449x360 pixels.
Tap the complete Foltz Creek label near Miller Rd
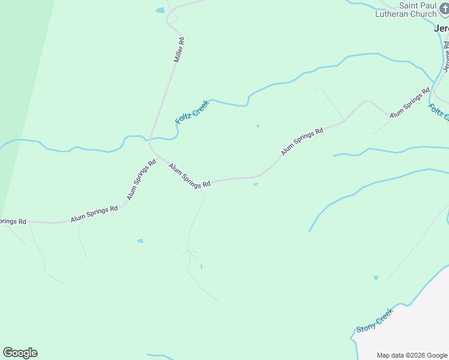tap(191, 112)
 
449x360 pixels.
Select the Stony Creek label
tap(375, 320)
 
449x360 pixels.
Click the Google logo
tap(20, 352)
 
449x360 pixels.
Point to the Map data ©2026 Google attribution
tap(412, 355)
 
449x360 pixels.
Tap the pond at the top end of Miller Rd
tap(160, 10)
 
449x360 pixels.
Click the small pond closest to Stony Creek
tap(376, 278)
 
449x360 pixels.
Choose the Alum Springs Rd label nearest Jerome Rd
tap(410, 103)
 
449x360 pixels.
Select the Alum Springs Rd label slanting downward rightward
tap(189, 176)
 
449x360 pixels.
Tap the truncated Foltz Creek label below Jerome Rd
tap(438, 112)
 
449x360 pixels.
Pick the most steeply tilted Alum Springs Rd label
tap(141, 180)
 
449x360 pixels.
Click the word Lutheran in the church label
tap(392, 14)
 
